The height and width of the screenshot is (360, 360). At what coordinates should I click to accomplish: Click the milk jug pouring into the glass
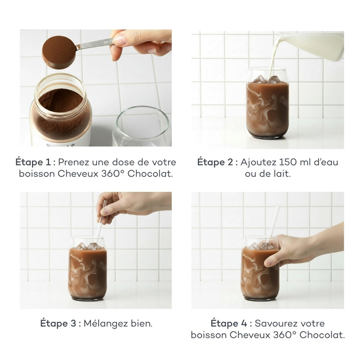coord(314,45)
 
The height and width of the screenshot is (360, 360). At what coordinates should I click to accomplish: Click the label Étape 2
coord(217,161)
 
